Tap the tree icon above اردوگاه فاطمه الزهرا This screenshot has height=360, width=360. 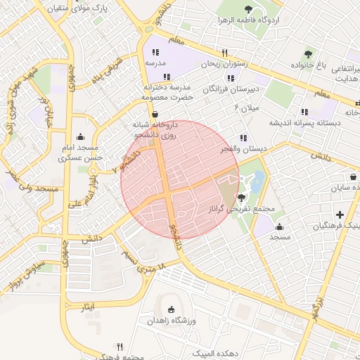[x=248, y=9]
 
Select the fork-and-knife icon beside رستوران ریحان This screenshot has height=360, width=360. [x=225, y=53]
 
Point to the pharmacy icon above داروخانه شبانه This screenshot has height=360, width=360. [x=155, y=114]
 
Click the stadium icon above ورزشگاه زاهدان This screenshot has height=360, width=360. [x=171, y=309]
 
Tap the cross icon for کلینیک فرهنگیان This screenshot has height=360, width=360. [x=340, y=214]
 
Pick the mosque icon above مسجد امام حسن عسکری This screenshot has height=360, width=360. [x=82, y=137]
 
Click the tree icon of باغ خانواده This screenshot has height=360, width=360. [x=308, y=54]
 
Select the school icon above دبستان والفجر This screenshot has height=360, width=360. [x=243, y=138]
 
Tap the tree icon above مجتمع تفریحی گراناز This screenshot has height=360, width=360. [x=242, y=198]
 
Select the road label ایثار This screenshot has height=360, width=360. [x=83, y=307]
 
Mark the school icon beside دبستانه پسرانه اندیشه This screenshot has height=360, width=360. [x=304, y=111]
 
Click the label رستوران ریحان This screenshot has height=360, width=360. [x=202, y=64]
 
